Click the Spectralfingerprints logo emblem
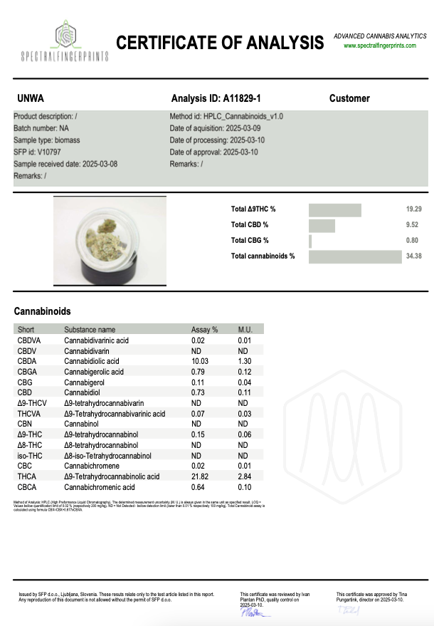(65, 31)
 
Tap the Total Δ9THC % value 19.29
(413, 209)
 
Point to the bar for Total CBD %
(322, 225)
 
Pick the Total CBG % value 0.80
(415, 241)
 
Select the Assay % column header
(204, 330)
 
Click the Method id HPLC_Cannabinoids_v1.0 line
(226, 115)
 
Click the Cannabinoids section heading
(43, 311)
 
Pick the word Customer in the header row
(349, 98)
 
